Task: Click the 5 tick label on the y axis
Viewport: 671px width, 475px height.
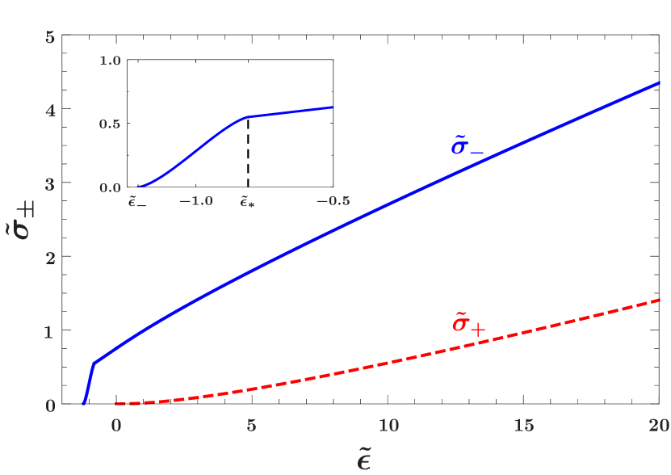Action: point(50,37)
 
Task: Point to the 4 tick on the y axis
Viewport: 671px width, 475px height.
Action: point(50,111)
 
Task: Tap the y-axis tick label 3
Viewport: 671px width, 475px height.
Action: point(50,185)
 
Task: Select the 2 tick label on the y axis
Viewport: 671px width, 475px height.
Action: point(50,259)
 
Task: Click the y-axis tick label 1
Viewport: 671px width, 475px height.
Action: point(50,332)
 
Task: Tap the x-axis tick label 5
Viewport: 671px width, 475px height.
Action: point(251,426)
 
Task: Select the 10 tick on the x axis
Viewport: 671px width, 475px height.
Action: point(388,426)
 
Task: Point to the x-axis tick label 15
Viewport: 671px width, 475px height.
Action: point(523,426)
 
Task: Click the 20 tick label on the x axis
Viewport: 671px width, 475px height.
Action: point(659,426)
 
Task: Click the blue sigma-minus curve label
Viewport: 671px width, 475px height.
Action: point(468,146)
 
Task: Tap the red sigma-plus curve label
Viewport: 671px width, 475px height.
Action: point(468,324)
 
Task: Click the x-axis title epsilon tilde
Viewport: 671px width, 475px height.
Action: point(364,459)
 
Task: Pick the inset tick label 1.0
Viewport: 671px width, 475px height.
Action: point(110,61)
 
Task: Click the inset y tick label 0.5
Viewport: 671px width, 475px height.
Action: point(110,124)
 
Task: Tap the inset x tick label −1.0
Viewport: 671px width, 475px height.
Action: point(195,201)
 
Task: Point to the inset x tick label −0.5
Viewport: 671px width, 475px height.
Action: point(333,201)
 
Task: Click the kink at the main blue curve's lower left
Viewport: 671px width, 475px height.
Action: point(94,364)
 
